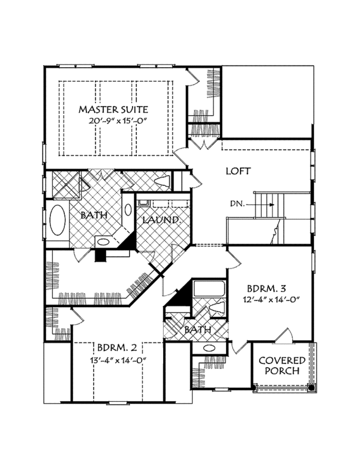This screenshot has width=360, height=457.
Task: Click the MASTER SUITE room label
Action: coord(113,110)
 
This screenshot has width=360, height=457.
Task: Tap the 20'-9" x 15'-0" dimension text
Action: coord(113,121)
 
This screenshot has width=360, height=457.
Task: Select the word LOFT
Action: coord(238,171)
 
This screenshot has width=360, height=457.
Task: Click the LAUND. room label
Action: coord(161,220)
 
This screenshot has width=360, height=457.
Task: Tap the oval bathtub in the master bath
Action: coord(58,221)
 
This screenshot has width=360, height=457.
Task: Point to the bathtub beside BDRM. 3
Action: coord(208,289)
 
